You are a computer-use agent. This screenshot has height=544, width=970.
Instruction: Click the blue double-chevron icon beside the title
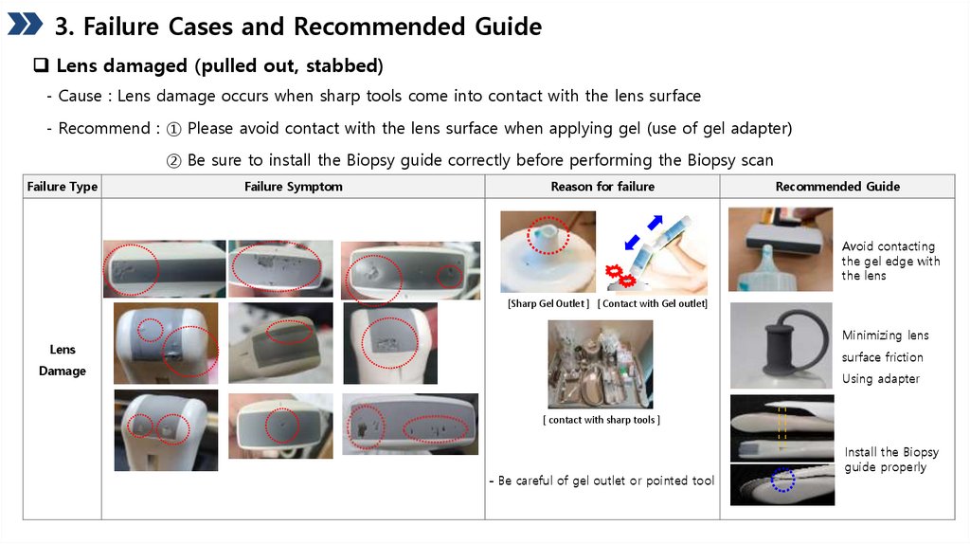point(25,24)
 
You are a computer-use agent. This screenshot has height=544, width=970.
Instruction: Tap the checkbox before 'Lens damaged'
point(41,65)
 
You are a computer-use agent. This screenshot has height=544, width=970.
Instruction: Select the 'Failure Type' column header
point(63,187)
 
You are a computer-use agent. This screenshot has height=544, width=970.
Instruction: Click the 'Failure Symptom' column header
point(294,187)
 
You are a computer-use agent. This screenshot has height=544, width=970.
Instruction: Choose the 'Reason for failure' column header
point(602,187)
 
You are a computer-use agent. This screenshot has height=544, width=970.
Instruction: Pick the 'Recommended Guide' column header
point(837,187)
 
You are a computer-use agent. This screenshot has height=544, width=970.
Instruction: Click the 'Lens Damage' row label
point(63,360)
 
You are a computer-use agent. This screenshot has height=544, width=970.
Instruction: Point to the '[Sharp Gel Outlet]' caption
point(548,303)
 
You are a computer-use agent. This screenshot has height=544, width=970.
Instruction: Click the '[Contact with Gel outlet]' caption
point(653,303)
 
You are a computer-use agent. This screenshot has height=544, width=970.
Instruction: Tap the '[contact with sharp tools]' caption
point(602,420)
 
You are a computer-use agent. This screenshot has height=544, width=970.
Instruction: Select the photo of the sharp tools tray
point(600,364)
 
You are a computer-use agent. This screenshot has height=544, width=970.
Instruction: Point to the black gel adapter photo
point(781,345)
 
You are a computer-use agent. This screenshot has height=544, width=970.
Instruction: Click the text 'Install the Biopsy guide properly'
point(891,460)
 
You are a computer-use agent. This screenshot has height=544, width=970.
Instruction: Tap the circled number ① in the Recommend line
point(174,129)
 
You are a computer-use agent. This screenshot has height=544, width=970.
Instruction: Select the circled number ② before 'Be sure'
point(174,161)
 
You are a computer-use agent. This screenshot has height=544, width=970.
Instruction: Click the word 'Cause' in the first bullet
point(80,96)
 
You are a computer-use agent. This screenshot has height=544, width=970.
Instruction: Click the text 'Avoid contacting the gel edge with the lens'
point(890,261)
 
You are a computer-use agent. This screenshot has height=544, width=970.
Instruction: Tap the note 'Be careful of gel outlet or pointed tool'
point(602,481)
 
